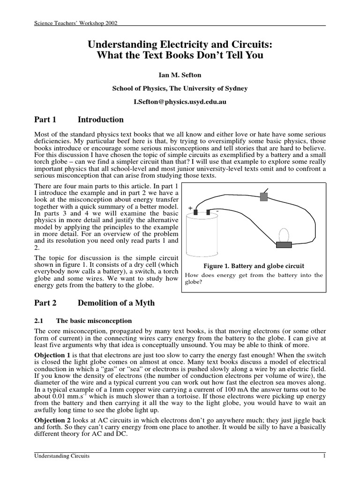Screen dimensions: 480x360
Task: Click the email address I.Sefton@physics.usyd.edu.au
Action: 180,101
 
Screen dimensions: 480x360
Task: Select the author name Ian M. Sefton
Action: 180,75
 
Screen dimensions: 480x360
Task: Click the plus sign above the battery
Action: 190,207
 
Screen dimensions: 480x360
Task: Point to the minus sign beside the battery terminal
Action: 218,211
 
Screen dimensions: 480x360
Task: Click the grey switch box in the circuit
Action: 264,197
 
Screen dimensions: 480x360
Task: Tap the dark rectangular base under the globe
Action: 284,244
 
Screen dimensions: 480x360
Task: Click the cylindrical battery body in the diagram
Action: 201,239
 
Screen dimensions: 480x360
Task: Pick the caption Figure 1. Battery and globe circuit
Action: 254,265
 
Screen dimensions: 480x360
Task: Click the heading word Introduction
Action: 100,120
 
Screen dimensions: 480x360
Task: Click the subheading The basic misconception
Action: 94,321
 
